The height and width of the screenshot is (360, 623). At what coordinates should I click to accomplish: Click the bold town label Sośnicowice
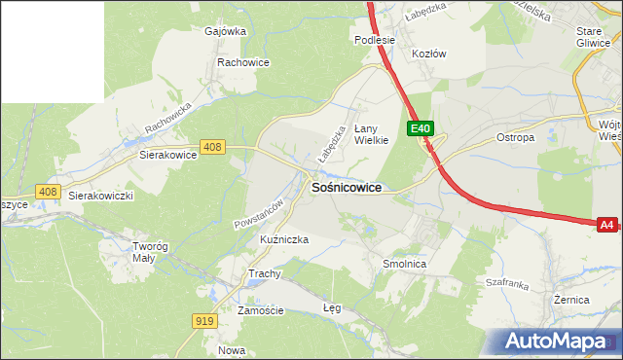(x=346, y=187)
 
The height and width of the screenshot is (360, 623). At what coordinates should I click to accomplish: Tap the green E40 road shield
(x=420, y=127)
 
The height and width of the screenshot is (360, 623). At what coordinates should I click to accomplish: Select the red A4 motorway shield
(x=606, y=225)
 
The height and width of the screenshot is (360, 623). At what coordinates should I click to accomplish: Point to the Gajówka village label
(x=225, y=31)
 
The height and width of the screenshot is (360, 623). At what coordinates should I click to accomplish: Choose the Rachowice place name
(x=243, y=62)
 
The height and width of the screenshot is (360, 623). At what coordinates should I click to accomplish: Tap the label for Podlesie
(x=375, y=40)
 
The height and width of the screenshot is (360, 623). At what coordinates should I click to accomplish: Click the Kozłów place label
(x=429, y=54)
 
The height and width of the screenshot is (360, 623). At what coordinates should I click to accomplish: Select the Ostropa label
(x=516, y=138)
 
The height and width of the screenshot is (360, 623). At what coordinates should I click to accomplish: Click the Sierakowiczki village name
(x=100, y=196)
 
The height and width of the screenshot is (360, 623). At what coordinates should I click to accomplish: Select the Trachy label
(x=265, y=274)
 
